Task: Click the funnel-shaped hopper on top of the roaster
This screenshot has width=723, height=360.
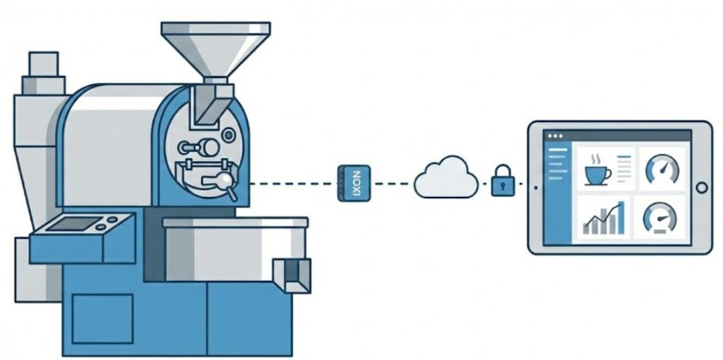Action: coord(215,46)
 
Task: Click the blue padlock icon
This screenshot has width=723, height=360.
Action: coord(503,181)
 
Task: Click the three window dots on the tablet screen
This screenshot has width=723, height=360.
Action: coord(554,136)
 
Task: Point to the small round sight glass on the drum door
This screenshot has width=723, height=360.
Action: coord(228,134)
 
